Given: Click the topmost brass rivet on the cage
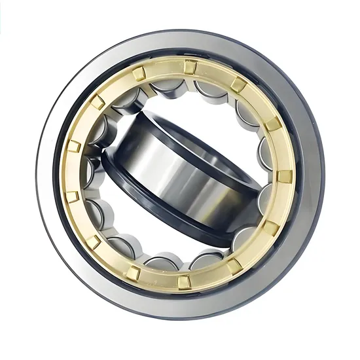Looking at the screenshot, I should tap(190, 66).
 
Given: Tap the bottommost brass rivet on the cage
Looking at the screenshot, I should tap(185, 281).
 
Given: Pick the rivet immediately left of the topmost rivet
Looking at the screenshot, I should tap(139, 74).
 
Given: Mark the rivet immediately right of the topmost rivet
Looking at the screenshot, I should tap(239, 84).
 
